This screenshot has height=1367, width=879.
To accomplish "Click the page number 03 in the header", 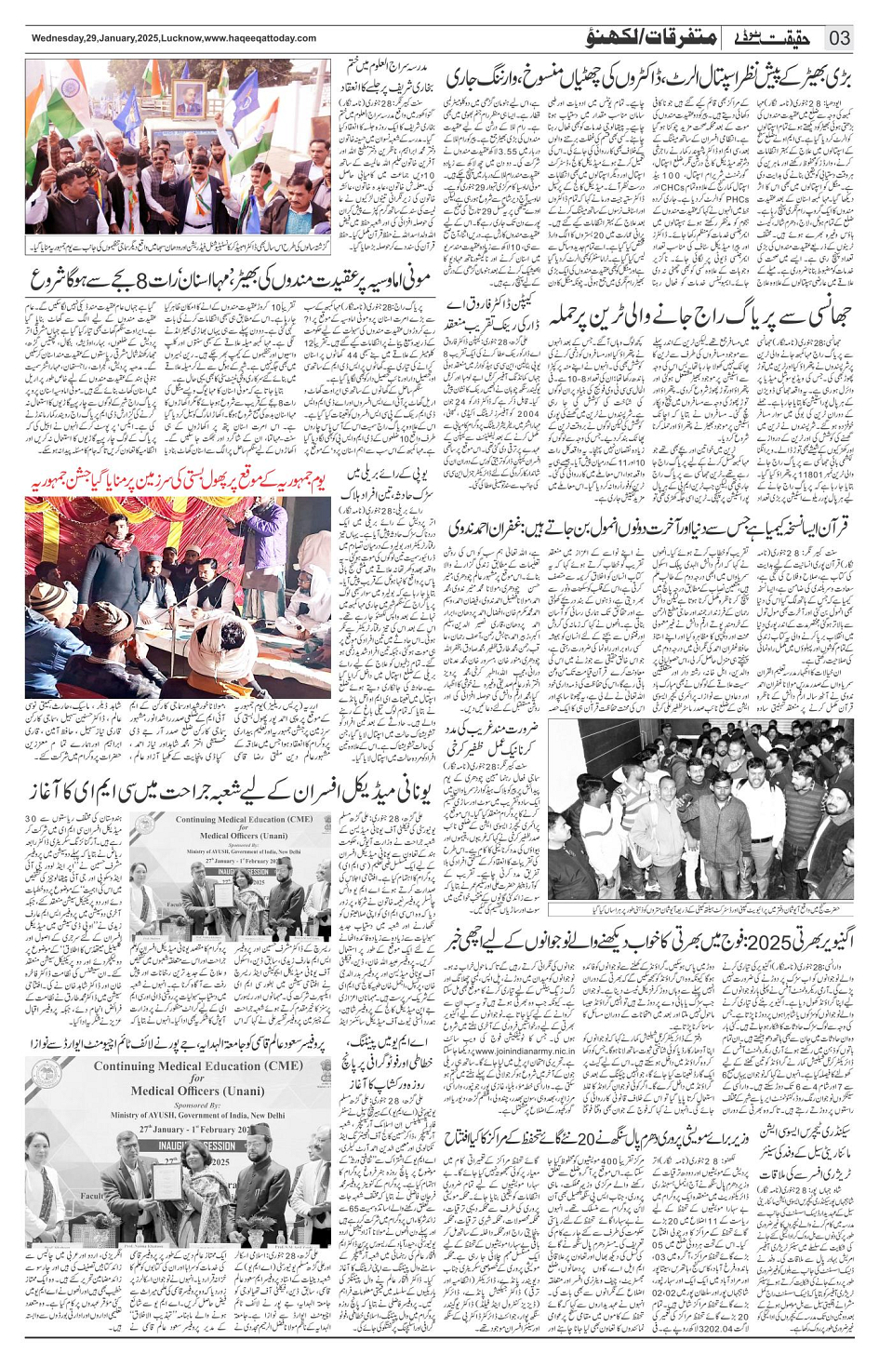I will [x=839, y=38].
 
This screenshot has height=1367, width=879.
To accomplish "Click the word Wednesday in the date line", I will [x=59, y=38].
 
